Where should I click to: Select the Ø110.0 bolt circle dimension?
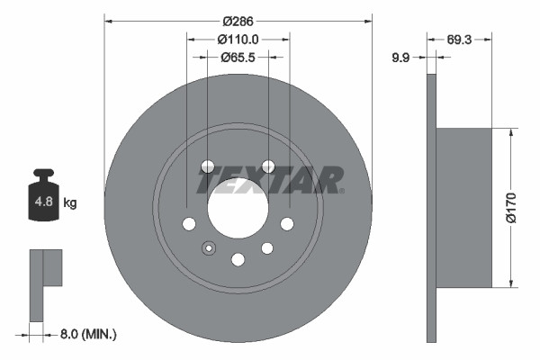point(238,39)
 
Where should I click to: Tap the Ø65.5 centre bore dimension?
point(238,57)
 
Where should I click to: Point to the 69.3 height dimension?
point(460,40)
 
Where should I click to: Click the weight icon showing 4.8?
point(42,195)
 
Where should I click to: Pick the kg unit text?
point(69,203)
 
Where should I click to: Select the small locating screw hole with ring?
point(209,248)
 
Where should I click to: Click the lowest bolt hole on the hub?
point(238,259)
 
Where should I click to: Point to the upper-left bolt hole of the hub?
point(208,166)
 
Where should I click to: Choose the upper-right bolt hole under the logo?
point(267,166)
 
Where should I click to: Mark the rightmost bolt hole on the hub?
point(287,223)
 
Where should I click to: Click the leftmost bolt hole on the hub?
point(189,223)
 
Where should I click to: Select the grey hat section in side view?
point(464,207)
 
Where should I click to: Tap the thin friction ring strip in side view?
point(431,207)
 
